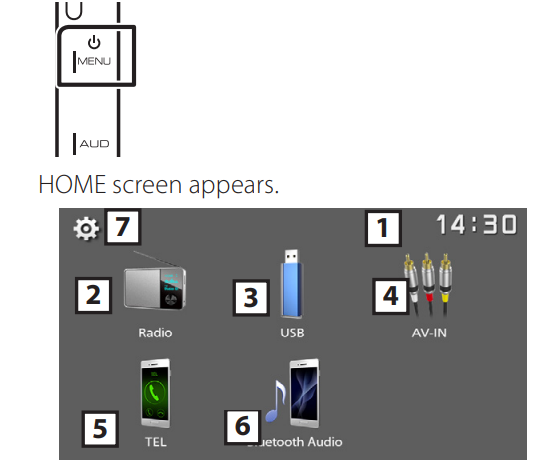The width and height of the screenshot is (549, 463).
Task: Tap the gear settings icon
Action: pos(86,229)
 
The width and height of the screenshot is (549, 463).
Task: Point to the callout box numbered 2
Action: pos(93,295)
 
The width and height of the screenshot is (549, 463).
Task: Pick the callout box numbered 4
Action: pos(391,295)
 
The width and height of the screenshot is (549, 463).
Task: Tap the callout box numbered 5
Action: pos(98,427)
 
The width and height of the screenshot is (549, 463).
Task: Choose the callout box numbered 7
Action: pos(120,228)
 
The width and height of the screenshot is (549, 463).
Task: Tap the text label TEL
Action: pos(156,441)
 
